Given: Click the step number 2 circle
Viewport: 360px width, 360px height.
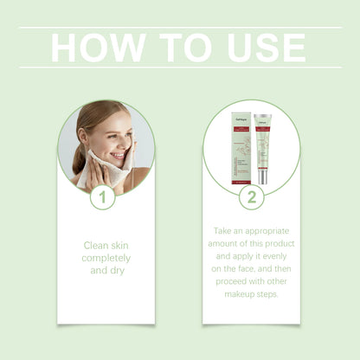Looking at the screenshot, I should coord(251,198).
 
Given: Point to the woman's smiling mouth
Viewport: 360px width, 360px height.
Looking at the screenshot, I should coord(118,155).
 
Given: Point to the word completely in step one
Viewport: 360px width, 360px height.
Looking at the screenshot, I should coord(106,258).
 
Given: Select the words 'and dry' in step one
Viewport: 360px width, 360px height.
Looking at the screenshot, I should coord(106,270).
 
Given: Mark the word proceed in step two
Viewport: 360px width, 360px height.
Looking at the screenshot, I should coord(233,282).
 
